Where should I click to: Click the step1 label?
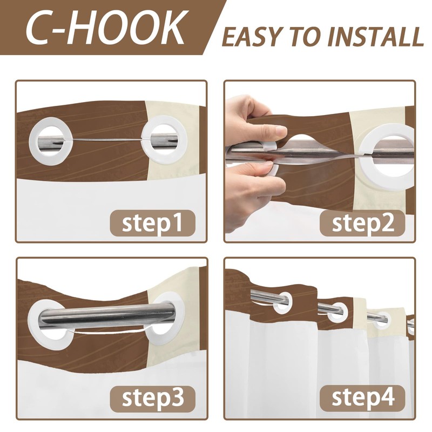point(152,222)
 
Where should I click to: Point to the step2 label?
point(362,222)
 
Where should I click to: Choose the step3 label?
point(152,399)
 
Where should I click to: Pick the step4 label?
point(362,399)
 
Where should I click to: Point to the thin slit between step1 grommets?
point(107,140)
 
